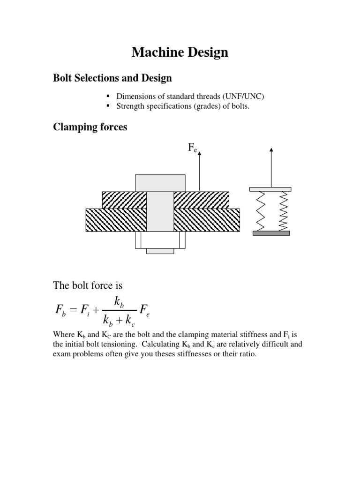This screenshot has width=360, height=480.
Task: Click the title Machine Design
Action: tap(180, 52)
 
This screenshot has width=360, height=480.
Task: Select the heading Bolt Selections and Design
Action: tap(112, 78)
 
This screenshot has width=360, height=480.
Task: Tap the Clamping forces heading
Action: tap(90, 127)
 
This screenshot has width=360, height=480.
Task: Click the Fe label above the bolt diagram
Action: tap(193, 148)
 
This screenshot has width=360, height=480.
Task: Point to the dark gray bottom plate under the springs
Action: tap(271, 233)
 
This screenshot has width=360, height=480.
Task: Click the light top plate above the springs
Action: tap(271, 189)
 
